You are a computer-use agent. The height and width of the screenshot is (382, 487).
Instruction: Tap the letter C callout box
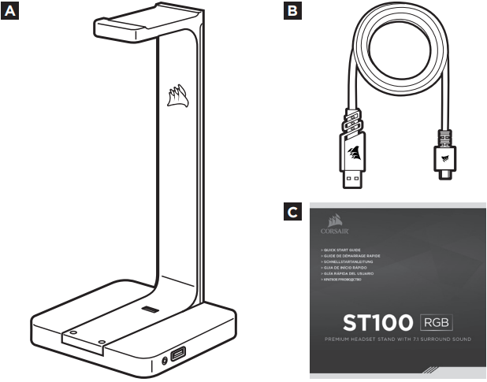(292, 212)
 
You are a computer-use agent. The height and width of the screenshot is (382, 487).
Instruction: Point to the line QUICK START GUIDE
(339, 250)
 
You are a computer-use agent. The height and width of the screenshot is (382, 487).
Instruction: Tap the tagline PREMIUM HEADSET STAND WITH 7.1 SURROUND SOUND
(399, 340)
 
